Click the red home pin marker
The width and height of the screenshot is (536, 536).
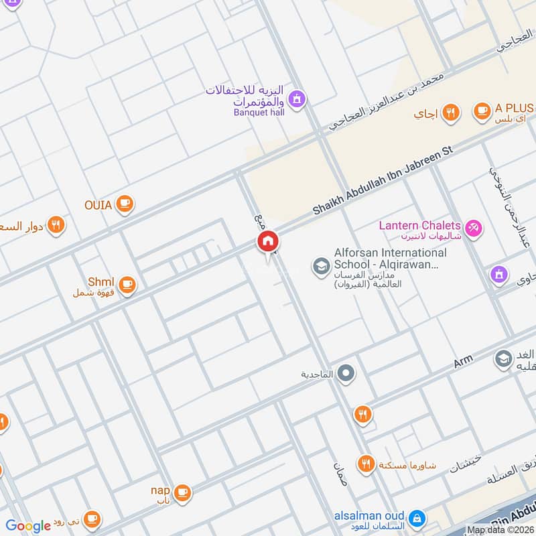point(267,242)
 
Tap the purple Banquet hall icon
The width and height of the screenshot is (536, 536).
point(297,100)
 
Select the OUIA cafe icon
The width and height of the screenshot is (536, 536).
point(124,204)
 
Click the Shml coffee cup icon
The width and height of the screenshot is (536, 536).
point(127,285)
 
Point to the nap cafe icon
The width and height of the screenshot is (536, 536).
point(182,493)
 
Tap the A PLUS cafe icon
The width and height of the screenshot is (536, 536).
point(481,111)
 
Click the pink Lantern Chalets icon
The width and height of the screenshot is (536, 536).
point(474,228)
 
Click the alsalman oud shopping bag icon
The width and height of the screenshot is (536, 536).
point(417,518)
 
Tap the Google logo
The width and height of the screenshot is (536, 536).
point(27,526)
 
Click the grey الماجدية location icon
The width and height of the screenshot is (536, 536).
point(346,373)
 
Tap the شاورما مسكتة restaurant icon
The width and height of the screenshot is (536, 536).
point(365,464)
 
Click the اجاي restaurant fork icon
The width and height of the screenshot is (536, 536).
point(452,113)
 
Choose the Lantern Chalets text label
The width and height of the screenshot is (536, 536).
point(419,226)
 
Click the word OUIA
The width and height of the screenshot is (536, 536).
point(98,205)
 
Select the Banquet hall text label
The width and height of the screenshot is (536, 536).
point(259,113)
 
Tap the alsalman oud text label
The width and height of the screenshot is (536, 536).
point(369,516)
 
